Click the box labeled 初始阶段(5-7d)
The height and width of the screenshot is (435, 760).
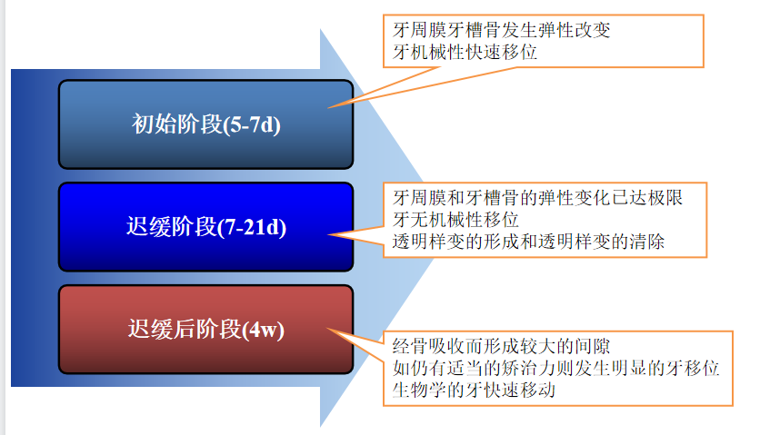pyautogui.click(x=205, y=124)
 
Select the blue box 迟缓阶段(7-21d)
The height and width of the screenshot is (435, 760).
pyautogui.click(x=205, y=227)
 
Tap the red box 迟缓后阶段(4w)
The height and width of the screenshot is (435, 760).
pyautogui.click(x=205, y=329)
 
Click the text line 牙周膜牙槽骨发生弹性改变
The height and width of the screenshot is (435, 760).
pyautogui.click(x=495, y=30)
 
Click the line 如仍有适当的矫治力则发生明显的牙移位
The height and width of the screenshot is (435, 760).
pyautogui.click(x=556, y=369)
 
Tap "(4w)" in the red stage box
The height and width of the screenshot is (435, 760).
pyautogui.click(x=265, y=329)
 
